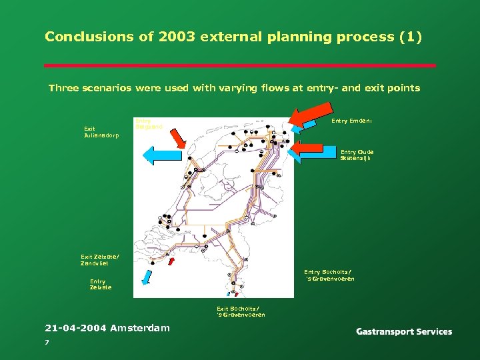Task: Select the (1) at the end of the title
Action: tap(409, 37)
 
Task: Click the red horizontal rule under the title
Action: tap(240, 65)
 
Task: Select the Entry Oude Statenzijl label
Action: tap(357, 155)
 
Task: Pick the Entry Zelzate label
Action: tap(101, 284)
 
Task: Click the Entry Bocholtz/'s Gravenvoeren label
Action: tap(329, 275)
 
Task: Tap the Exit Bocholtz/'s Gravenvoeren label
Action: tap(241, 311)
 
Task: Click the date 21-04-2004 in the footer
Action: tap(75, 327)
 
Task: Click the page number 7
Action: tap(47, 341)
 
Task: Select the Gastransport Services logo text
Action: tap(404, 331)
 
